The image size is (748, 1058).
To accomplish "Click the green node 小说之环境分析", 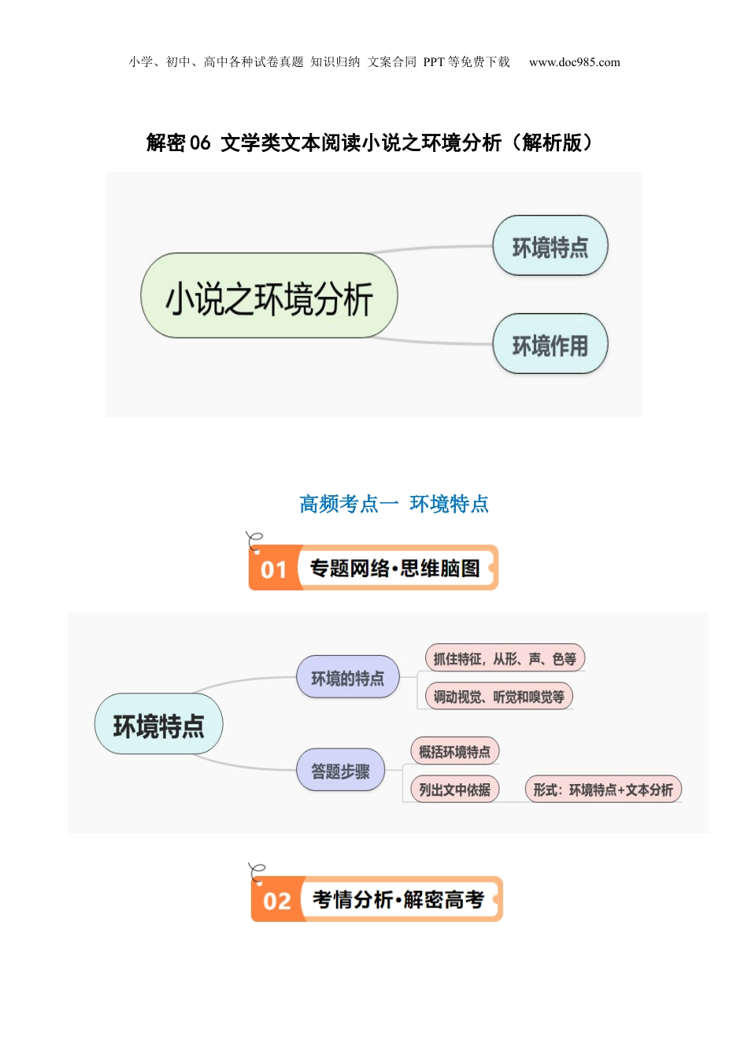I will [269, 296].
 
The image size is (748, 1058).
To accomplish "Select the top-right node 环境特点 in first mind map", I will [550, 246].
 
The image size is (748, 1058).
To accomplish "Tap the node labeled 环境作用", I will [550, 344].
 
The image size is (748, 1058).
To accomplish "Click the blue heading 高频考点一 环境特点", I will [394, 504].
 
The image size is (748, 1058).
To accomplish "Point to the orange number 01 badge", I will [274, 568].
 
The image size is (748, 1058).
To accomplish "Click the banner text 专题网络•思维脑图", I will [394, 568].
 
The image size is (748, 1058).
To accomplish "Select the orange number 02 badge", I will [277, 901].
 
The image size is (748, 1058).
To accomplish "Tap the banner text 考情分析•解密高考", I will [398, 900].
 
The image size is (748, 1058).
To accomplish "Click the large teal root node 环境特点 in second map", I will [158, 725].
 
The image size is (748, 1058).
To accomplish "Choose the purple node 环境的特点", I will [347, 678].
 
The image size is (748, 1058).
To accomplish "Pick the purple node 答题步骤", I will [340, 771].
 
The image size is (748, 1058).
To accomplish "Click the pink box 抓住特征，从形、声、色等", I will [505, 659].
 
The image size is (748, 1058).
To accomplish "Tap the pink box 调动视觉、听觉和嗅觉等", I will [498, 697].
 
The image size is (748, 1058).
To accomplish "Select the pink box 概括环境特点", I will [454, 752].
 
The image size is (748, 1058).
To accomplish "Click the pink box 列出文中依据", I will [454, 790].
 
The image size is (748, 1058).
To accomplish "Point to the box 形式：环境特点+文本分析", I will [602, 790].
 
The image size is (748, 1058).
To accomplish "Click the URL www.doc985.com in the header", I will [574, 62].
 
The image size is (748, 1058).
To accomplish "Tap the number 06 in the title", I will [200, 142].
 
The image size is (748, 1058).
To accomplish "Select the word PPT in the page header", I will [434, 62].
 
